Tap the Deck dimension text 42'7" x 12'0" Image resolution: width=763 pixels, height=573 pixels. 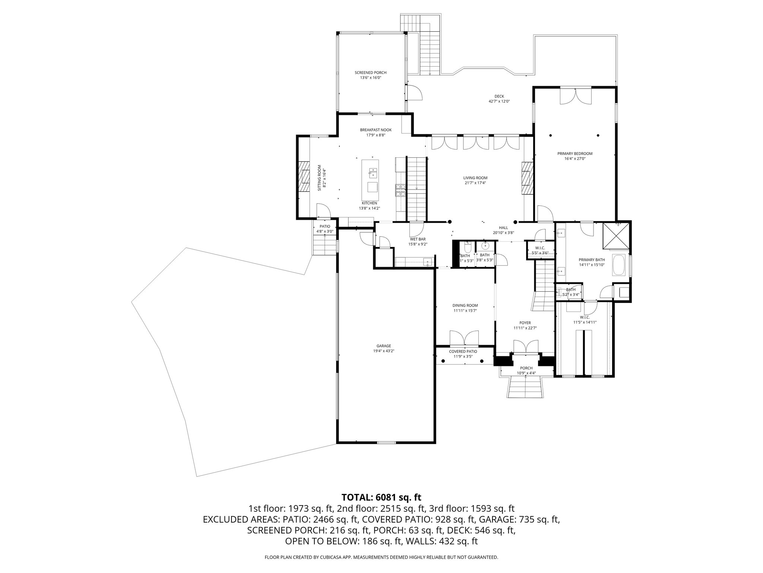click(x=499, y=101)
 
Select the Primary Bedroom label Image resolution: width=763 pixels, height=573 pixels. click(x=574, y=153)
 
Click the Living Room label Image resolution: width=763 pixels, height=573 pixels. click(x=475, y=178)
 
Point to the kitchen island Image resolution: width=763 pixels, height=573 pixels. click(x=110, y=180)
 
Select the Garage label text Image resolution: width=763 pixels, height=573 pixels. click(x=383, y=346)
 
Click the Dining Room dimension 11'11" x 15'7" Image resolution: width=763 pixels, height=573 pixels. click(x=465, y=310)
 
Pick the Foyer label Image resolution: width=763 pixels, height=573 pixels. click(x=525, y=323)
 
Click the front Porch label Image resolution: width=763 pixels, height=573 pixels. click(x=526, y=368)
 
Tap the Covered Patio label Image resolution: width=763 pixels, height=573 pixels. click(x=463, y=351)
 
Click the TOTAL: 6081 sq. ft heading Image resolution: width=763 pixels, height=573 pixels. click(x=381, y=497)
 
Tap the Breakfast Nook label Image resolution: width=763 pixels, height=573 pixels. click(x=376, y=130)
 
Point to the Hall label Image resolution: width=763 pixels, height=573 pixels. click(x=503, y=228)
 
